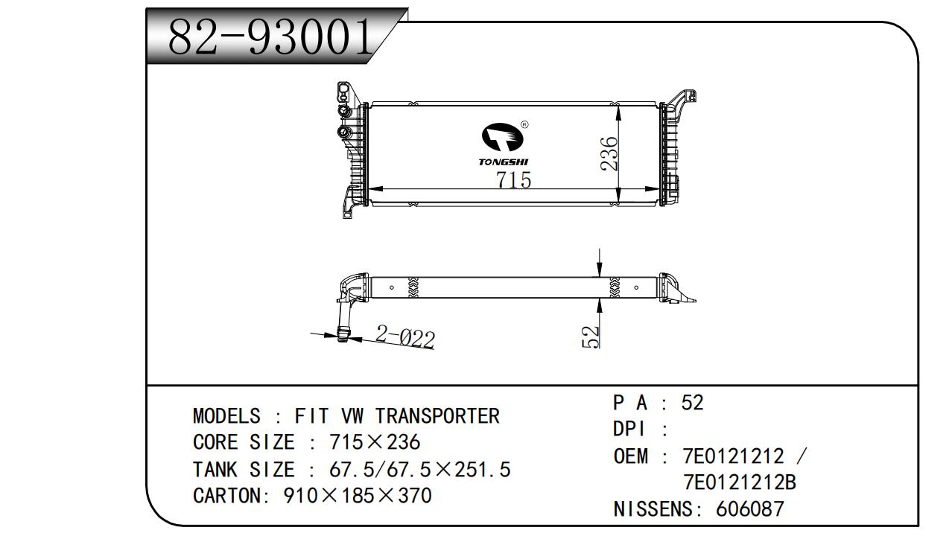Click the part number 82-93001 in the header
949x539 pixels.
[270, 37]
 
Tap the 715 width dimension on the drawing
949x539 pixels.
[513, 179]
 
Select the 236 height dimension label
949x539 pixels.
[609, 153]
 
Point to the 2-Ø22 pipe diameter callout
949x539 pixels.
[405, 337]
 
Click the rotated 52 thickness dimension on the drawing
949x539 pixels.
[591, 337]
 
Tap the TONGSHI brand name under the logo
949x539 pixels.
[504, 162]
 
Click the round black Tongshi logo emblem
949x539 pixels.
[503, 137]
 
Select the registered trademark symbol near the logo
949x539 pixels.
[524, 124]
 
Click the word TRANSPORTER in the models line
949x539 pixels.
[438, 415]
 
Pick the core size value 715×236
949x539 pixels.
[375, 442]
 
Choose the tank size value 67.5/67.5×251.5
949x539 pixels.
[420, 470]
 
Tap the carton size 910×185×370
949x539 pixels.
[358, 495]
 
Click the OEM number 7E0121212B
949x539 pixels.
[740, 482]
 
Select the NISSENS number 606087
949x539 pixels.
[750, 508]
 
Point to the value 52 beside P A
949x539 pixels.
[692, 402]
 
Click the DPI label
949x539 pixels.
[629, 430]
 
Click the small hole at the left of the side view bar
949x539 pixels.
[392, 287]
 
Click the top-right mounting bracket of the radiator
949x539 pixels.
[680, 102]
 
